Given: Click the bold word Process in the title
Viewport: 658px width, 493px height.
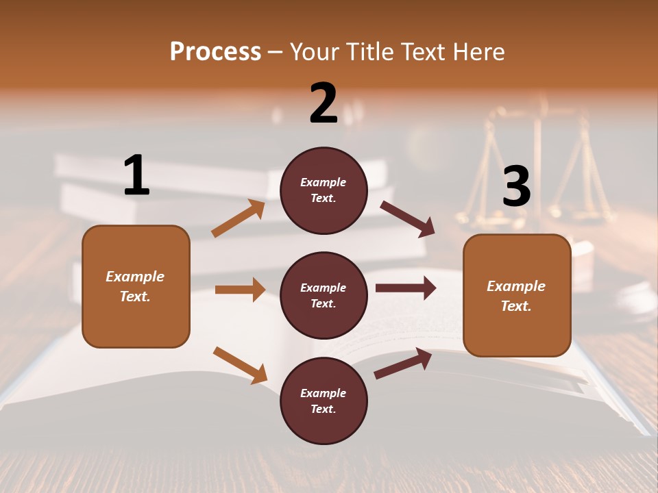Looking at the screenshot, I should (215, 52).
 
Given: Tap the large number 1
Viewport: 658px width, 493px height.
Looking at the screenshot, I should (136, 175).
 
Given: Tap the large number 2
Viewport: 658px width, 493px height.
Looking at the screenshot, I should (324, 103).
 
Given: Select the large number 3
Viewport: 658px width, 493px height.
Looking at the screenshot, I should (516, 186).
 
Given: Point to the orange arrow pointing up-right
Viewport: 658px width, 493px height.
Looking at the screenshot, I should (239, 218).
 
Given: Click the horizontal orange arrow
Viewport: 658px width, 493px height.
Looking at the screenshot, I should (240, 290).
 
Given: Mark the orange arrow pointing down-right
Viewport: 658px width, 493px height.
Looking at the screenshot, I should (240, 365).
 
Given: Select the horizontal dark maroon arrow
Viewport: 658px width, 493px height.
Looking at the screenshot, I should (405, 288).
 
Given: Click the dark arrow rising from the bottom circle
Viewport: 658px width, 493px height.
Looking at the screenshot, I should (403, 364).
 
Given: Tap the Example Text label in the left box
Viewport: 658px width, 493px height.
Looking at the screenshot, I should (135, 286).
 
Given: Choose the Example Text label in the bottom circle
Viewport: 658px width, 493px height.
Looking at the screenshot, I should (323, 401).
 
